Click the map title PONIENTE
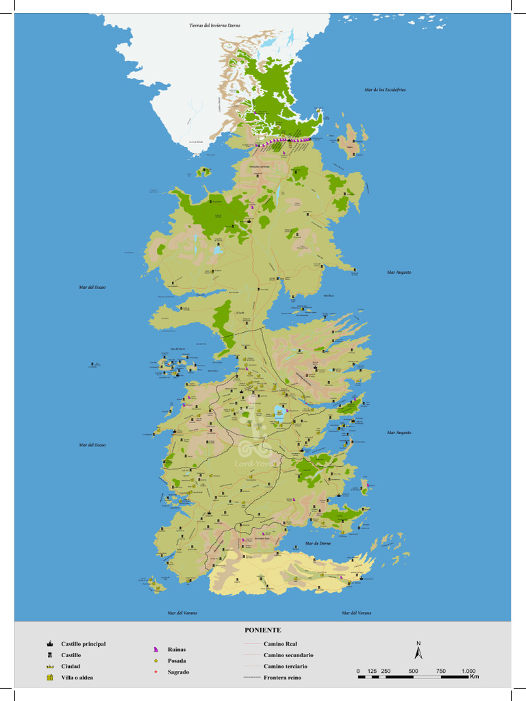(x=263, y=630)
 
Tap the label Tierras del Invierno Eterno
(x=214, y=25)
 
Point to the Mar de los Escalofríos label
(x=386, y=90)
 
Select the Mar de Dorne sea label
(x=318, y=544)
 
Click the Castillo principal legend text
(x=83, y=644)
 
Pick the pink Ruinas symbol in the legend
(x=156, y=650)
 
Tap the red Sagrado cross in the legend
(x=156, y=672)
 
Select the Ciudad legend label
(x=71, y=667)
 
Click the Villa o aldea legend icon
(x=49, y=678)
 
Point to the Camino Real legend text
(x=280, y=644)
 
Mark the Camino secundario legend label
(x=288, y=655)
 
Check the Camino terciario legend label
(x=285, y=666)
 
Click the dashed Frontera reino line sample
(x=252, y=678)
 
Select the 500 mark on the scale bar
(x=414, y=671)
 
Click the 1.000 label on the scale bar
(x=468, y=671)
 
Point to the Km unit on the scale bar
(x=475, y=677)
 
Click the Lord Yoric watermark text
(x=255, y=463)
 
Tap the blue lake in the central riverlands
(x=279, y=412)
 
